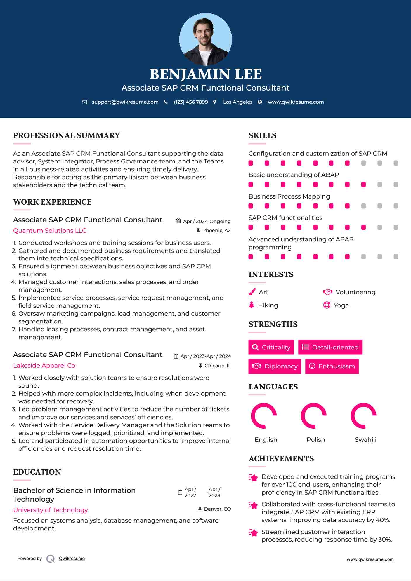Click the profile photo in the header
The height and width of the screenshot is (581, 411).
point(205,39)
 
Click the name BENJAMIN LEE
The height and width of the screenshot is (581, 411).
point(205,74)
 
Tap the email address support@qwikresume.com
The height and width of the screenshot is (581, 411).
point(125,102)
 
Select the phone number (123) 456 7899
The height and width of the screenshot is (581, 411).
point(191,102)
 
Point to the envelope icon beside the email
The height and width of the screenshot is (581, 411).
point(84,102)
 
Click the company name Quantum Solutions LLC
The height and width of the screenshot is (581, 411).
point(50,231)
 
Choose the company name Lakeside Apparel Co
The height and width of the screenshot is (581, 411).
point(44,366)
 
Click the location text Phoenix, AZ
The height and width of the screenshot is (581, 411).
point(216,231)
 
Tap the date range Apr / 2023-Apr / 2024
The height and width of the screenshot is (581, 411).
point(205,356)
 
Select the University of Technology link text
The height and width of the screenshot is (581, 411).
point(51,510)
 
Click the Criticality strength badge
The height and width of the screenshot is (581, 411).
point(271,347)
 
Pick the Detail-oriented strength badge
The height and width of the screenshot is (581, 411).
point(330,347)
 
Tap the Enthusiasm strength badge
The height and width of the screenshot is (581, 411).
point(332,366)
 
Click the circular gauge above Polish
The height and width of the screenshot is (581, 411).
point(314,416)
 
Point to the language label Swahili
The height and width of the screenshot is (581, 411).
point(365,440)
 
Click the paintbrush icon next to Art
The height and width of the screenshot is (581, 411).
point(252,292)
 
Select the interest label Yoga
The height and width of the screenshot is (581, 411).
point(341,305)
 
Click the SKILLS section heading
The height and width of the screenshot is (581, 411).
point(262,135)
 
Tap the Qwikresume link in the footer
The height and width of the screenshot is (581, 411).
point(72,559)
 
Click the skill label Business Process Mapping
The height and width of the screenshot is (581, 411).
point(289,196)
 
